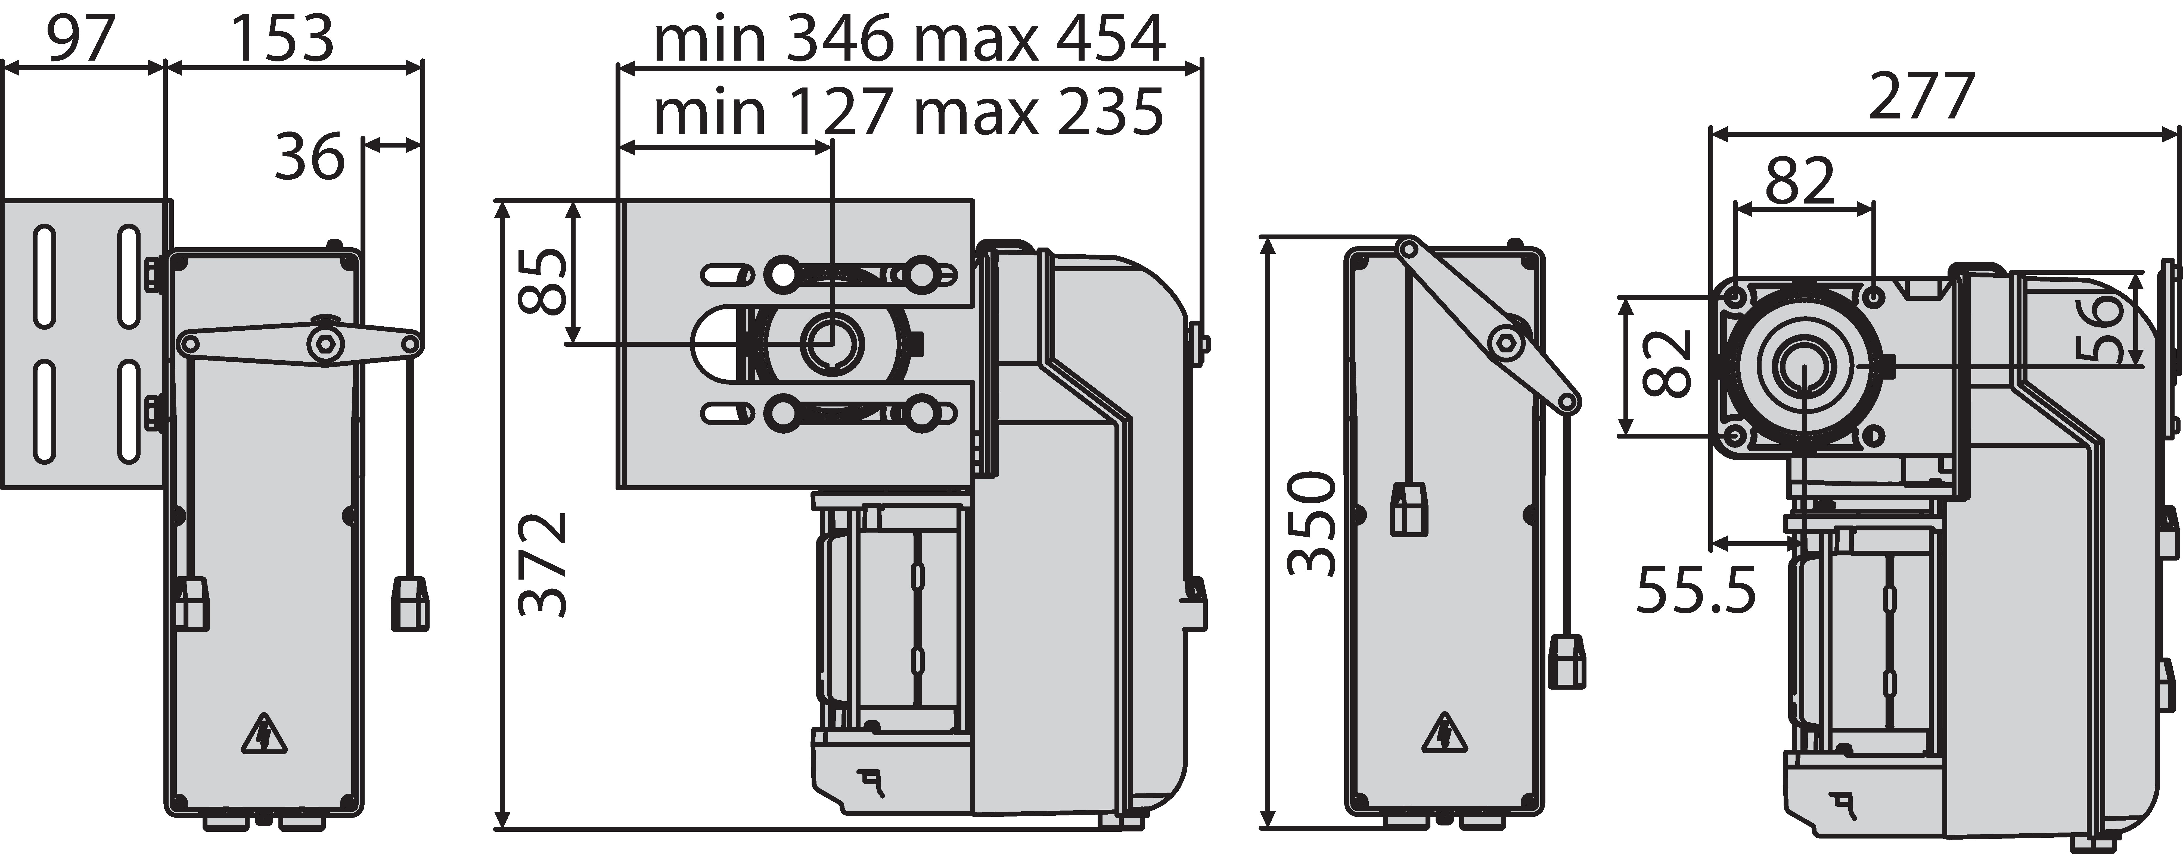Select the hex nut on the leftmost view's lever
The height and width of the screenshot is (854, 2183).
coord(323,344)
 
